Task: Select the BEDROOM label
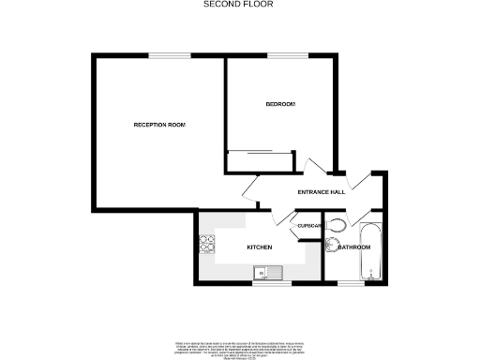coord(280,103)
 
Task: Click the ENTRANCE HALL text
coord(321,192)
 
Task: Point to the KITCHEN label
coord(259,247)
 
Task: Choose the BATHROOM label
coord(353,247)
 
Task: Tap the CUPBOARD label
coord(309,226)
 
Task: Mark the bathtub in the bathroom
coord(370,251)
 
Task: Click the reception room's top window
coord(165,54)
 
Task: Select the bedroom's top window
coord(280,54)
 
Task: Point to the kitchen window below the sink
coord(267,283)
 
